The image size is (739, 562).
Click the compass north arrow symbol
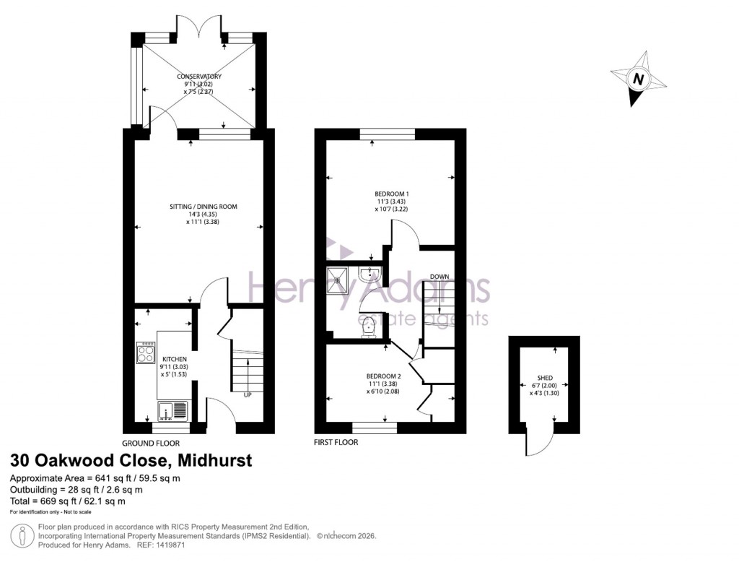point(637,79)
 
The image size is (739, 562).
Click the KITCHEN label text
point(175,359)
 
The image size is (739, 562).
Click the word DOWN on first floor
point(440,277)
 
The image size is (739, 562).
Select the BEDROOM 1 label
point(392,194)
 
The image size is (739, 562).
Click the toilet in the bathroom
point(369,326)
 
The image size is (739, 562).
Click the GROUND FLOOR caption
point(150,444)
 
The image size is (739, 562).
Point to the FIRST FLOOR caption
point(336,443)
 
